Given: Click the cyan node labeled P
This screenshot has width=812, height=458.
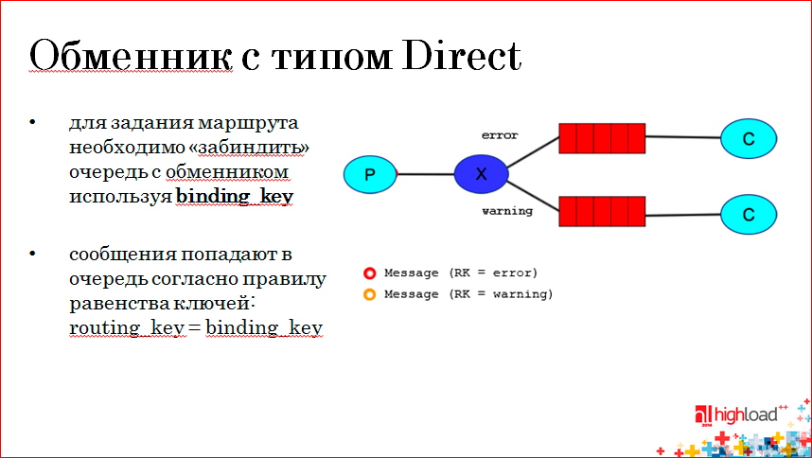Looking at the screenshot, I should (x=370, y=173).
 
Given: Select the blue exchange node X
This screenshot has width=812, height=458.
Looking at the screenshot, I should (x=481, y=173).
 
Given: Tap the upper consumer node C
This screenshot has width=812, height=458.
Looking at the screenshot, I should (x=748, y=139).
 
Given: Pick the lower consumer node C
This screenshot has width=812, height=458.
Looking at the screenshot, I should (x=748, y=214).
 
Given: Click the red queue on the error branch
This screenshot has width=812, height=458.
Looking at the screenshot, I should (x=601, y=138).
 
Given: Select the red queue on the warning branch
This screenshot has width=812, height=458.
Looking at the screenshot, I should (x=601, y=211).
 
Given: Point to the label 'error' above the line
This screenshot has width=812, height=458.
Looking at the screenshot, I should (x=500, y=135).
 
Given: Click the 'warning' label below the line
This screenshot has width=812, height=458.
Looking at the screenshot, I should (x=506, y=211).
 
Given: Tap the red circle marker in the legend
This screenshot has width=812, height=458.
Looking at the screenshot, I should (x=370, y=273).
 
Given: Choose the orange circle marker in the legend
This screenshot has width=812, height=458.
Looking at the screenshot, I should (x=370, y=294).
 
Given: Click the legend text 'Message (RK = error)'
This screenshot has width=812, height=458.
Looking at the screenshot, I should (x=461, y=273).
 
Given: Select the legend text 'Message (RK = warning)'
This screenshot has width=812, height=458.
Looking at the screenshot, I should (x=468, y=294).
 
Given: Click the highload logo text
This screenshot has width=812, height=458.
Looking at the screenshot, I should (x=747, y=414).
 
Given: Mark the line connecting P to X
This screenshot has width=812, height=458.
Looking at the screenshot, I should (x=425, y=173).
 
